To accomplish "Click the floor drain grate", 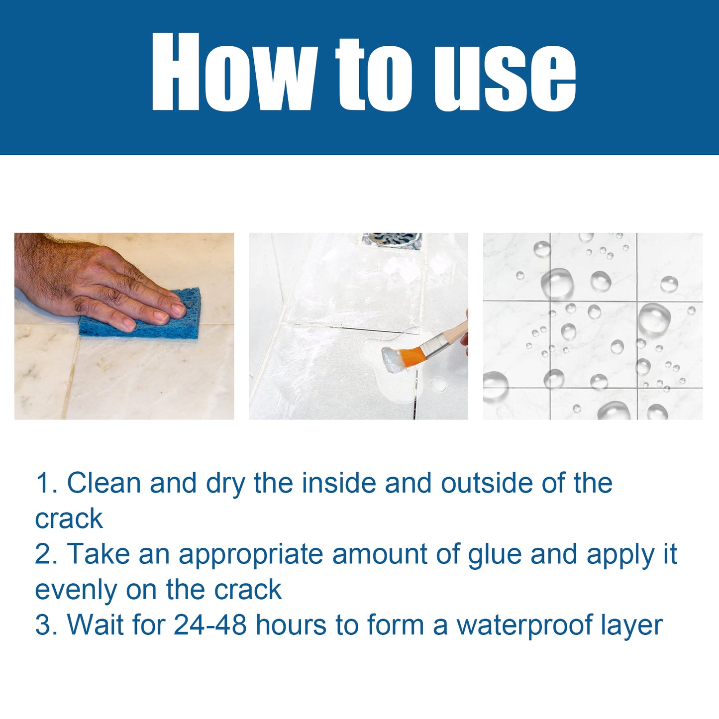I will pyautogui.click(x=392, y=240).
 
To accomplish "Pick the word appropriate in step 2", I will pyautogui.click(x=251, y=555).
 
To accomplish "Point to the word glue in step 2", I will pyautogui.click(x=495, y=555).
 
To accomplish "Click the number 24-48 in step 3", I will pyautogui.click(x=210, y=625).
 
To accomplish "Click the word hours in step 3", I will pyautogui.click(x=291, y=625).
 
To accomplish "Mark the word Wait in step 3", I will pyautogui.click(x=95, y=625).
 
